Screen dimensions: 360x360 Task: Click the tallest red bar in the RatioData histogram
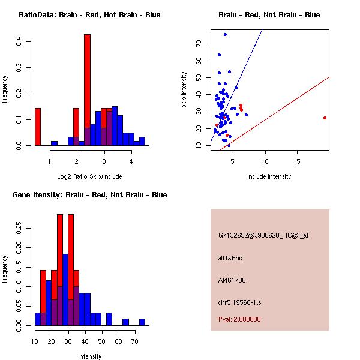tap(87, 90)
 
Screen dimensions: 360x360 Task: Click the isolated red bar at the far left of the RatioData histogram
tap(38, 127)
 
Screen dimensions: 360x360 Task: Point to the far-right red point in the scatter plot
tap(325, 118)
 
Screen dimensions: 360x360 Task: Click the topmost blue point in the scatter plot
tap(225, 34)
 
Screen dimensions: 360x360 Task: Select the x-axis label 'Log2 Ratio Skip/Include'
tap(89, 176)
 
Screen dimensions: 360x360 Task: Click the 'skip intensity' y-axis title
tap(185, 90)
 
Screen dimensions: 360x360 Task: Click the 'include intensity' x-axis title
tap(269, 176)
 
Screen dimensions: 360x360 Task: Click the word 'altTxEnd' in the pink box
tap(230, 258)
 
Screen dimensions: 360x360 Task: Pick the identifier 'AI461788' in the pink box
tap(232, 280)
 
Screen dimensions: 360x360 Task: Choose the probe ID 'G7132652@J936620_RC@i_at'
tap(263, 236)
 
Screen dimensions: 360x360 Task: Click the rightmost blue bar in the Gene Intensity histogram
tap(142, 322)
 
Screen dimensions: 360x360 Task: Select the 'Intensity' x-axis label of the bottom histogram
tap(89, 356)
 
